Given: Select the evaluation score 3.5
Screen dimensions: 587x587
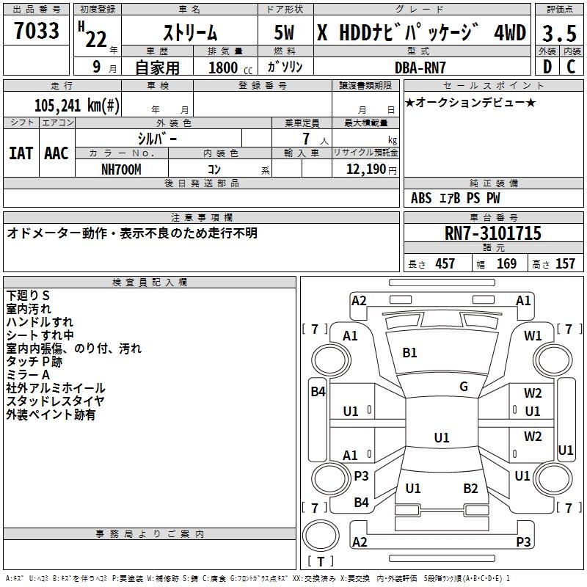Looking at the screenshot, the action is click(558, 33).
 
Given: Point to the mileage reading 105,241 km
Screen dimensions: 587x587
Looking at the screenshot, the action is click(77, 105).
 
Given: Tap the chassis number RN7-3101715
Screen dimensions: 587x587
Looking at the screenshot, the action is click(493, 233).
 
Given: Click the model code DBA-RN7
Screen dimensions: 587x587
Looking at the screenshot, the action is click(420, 67).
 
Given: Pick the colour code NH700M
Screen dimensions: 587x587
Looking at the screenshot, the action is click(122, 169).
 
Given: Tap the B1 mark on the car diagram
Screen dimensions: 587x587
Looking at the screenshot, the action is click(409, 353).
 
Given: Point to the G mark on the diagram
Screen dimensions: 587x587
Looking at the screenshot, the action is click(464, 387).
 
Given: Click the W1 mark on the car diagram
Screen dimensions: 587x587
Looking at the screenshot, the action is click(533, 336).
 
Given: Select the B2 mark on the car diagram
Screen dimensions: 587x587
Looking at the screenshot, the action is click(470, 489).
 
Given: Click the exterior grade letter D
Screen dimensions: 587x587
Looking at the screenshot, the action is click(547, 67).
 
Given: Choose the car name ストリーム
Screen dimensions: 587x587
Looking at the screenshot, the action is click(189, 33).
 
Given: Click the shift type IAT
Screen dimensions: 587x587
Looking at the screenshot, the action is click(21, 153).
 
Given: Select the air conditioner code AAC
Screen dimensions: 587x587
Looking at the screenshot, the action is click(56, 153).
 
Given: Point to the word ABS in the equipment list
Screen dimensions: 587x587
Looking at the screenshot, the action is click(421, 198).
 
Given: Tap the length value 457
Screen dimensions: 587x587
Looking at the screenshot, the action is click(445, 263).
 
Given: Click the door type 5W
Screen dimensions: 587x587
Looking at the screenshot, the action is click(285, 33).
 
